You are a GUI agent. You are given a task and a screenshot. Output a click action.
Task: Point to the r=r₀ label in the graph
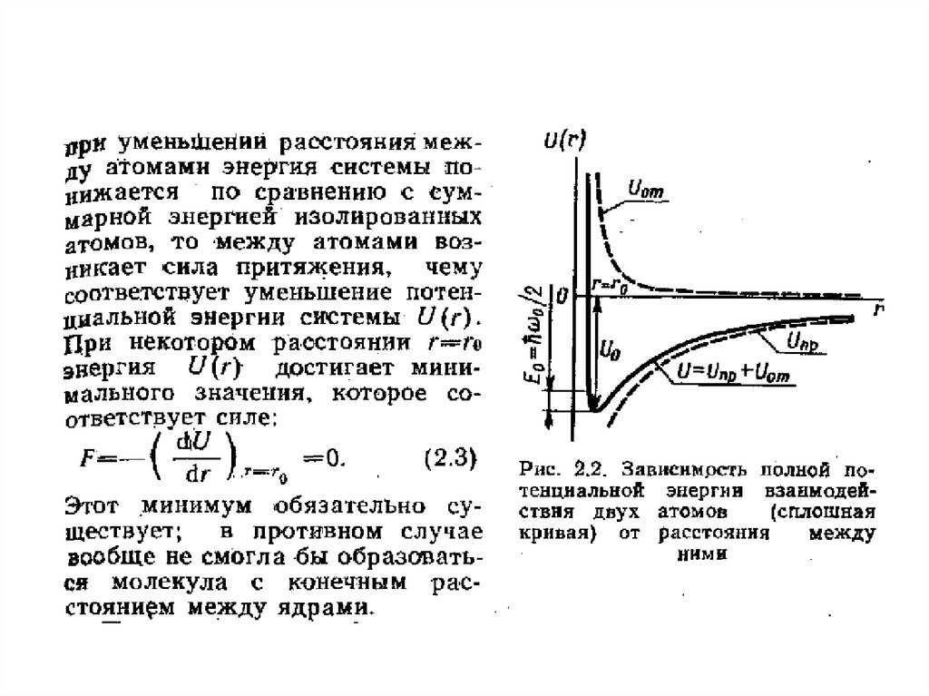click(610, 283)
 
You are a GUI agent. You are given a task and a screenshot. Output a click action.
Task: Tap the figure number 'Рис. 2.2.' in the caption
click(556, 470)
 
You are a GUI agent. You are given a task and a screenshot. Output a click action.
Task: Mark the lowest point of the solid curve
click(594, 410)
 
